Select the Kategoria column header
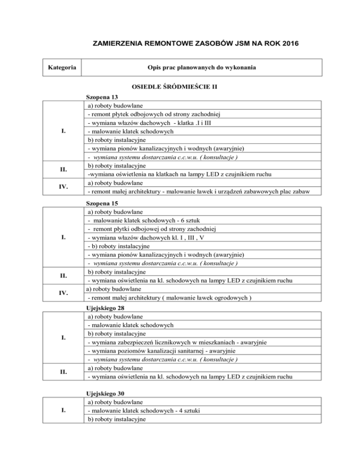(62, 68)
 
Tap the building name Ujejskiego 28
(107, 308)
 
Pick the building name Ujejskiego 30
(107, 393)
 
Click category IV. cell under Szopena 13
(62, 187)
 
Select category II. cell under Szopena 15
(62, 276)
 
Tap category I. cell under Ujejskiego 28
(62, 338)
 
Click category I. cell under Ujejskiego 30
(62, 410)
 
